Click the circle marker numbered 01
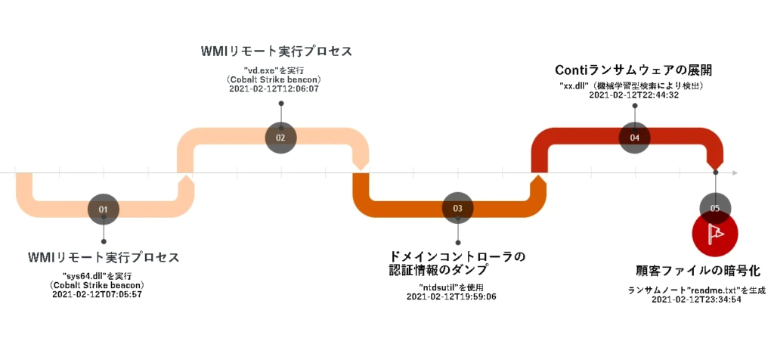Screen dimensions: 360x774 click(x=104, y=208)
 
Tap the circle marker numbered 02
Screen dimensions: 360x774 click(x=280, y=138)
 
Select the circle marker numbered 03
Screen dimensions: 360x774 click(x=458, y=208)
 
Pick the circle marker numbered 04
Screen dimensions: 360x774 click(x=634, y=138)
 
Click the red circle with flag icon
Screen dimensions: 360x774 click(x=715, y=234)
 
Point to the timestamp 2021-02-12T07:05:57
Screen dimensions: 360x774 click(x=98, y=294)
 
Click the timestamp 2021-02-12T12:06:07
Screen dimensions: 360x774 click(x=274, y=89)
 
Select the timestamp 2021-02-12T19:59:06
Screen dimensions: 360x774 click(x=451, y=296)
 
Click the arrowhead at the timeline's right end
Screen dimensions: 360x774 click(x=733, y=173)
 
